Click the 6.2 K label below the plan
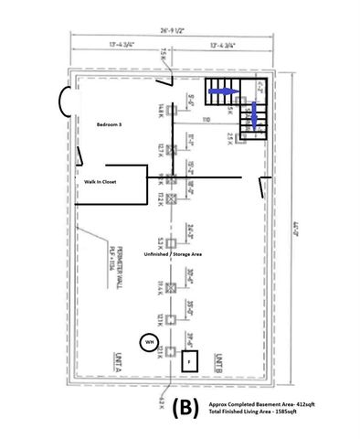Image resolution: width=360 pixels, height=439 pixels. point(161,402)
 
